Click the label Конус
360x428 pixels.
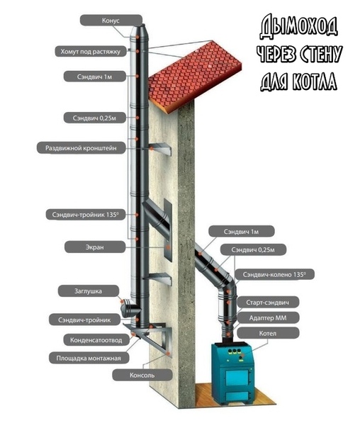(111, 21)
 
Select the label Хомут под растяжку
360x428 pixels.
(91, 51)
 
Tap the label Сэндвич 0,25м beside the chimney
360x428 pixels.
(95, 118)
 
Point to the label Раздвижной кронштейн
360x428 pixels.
(81, 147)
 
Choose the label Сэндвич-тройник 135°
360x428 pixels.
(85, 215)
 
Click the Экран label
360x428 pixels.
(95, 247)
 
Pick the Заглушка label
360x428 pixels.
(89, 291)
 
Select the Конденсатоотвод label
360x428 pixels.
(96, 340)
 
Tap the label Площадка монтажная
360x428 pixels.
(89, 358)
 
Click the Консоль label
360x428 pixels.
(142, 375)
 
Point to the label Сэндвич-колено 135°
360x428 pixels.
(274, 274)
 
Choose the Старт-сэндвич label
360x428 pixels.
(268, 302)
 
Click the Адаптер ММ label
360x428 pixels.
(268, 317)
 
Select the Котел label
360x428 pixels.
(268, 333)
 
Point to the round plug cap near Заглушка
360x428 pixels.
(125, 308)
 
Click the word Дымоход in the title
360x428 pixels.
(298, 28)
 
